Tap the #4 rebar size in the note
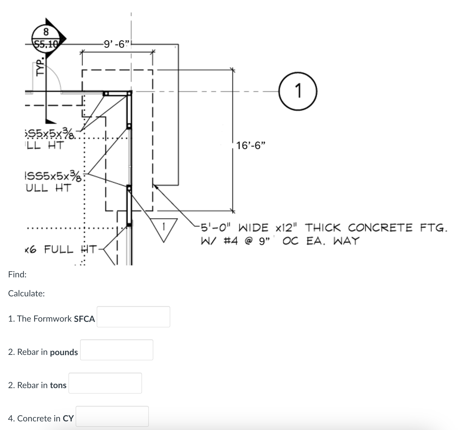click(231, 241)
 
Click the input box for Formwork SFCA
click(133, 317)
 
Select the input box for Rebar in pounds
click(117, 350)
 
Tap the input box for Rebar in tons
click(105, 383)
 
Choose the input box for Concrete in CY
click(112, 416)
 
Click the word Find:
click(17, 274)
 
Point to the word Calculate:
click(26, 293)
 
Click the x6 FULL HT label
click(61, 249)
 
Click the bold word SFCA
click(84, 319)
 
